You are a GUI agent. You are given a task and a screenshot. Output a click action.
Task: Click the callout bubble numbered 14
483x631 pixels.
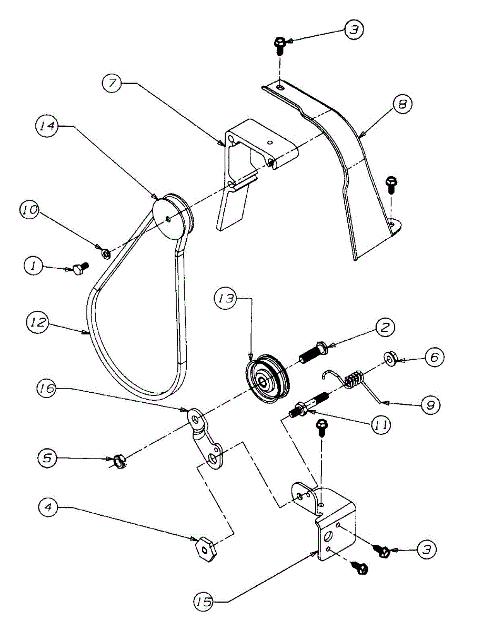coord(47,127)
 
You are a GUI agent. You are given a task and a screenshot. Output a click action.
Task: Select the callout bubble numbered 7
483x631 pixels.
coord(112,83)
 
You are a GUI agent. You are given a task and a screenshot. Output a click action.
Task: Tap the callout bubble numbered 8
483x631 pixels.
coord(401,105)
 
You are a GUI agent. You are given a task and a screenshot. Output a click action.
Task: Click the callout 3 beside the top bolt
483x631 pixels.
coord(353,30)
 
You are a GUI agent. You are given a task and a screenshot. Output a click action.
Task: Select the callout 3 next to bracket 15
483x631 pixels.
coord(427,550)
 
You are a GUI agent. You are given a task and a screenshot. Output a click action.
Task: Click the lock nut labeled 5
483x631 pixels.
coord(120,462)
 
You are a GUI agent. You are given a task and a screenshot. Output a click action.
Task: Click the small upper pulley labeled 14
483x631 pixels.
coord(173,216)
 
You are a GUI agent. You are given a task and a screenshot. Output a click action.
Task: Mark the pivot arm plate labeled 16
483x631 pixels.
coord(205,439)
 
